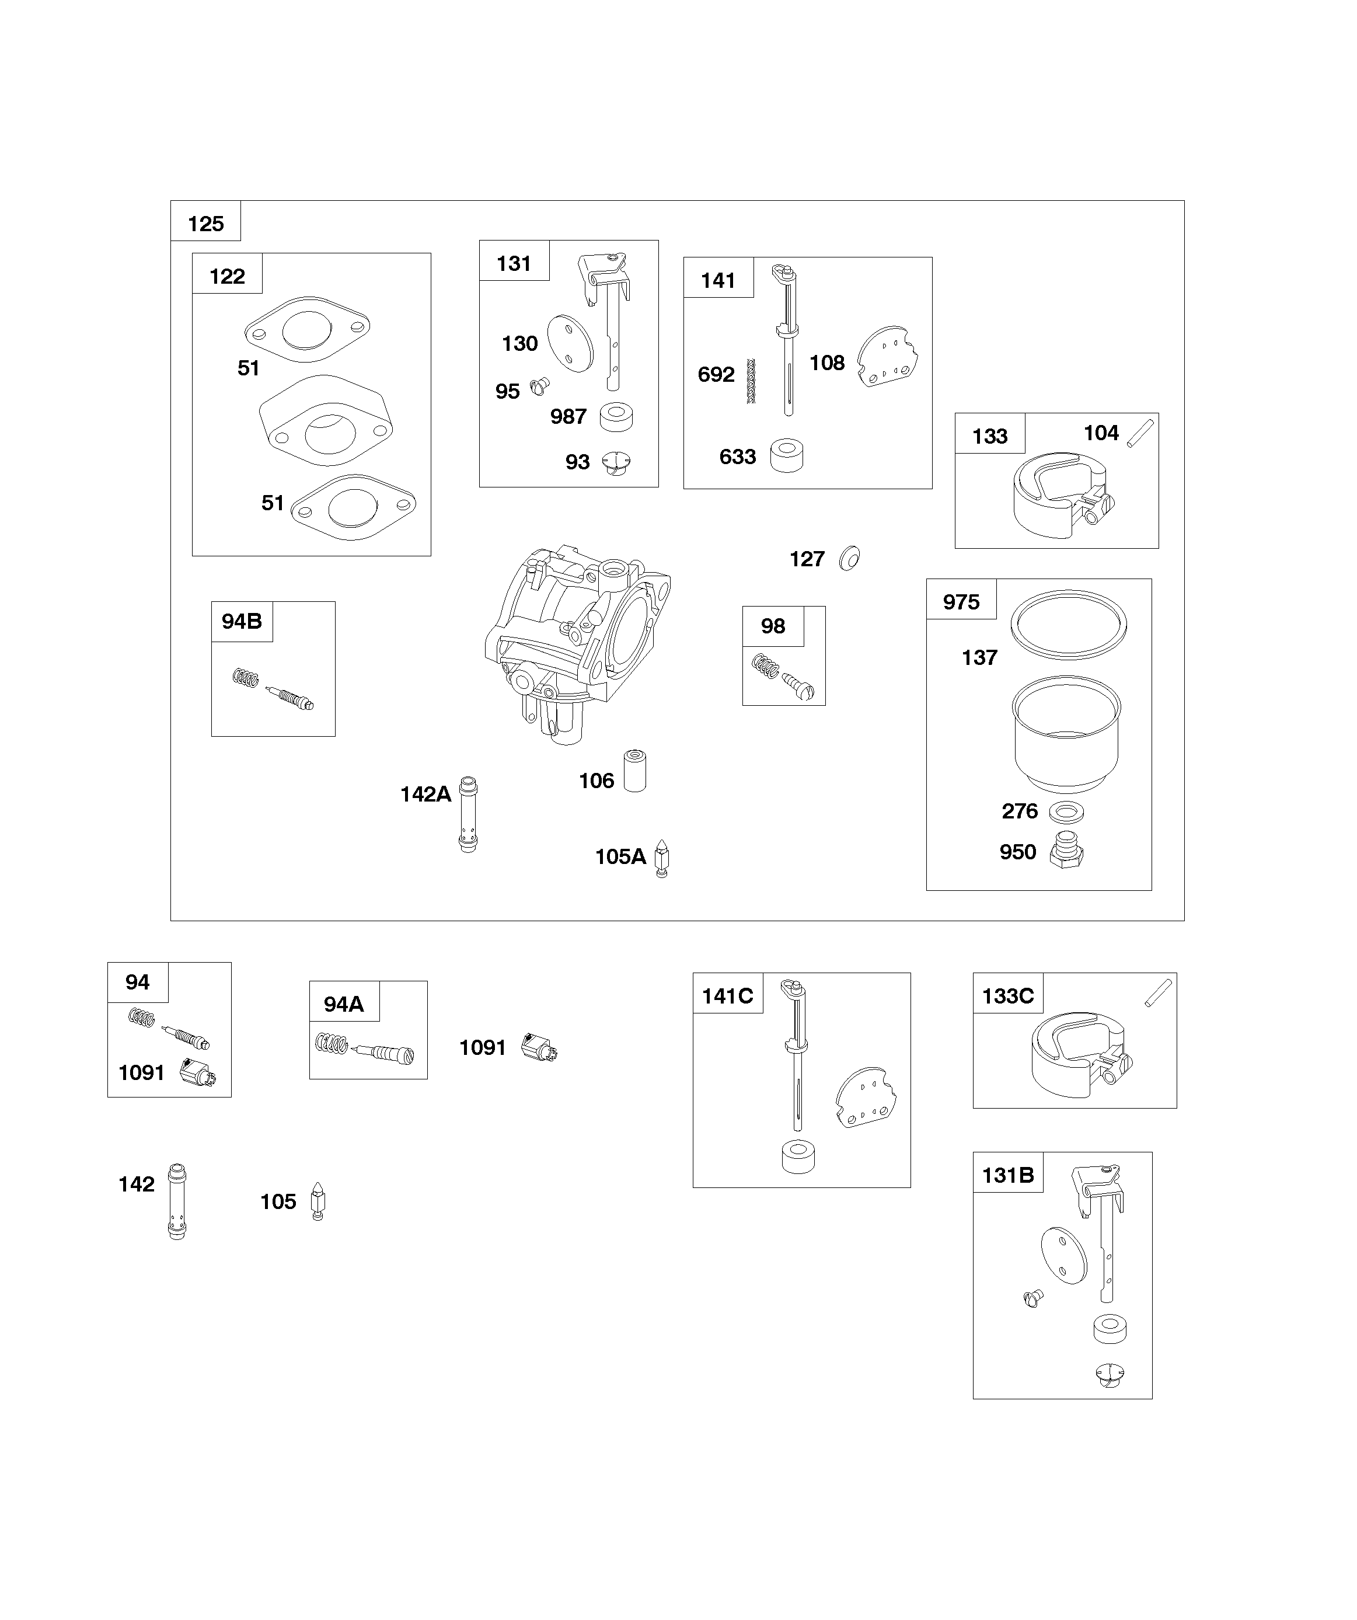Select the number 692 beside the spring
tap(716, 375)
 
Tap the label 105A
tap(620, 857)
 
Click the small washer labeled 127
tap(849, 559)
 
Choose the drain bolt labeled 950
tap(1067, 852)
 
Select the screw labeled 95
tap(540, 385)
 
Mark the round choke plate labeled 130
tap(570, 344)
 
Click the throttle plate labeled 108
tap(888, 356)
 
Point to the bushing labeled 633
tap(787, 456)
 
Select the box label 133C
tap(1007, 996)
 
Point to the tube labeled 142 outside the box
tap(177, 1201)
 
